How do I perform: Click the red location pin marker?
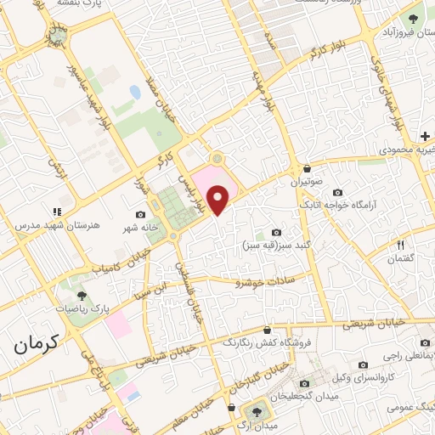[x=219, y=199]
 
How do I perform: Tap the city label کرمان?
[x=37, y=344]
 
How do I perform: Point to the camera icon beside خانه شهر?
[x=140, y=215]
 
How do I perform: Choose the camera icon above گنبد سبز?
[x=276, y=232]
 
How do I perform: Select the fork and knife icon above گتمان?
[x=399, y=246]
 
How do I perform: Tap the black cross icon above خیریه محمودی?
[x=424, y=136]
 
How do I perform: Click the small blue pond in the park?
[x=135, y=91]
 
